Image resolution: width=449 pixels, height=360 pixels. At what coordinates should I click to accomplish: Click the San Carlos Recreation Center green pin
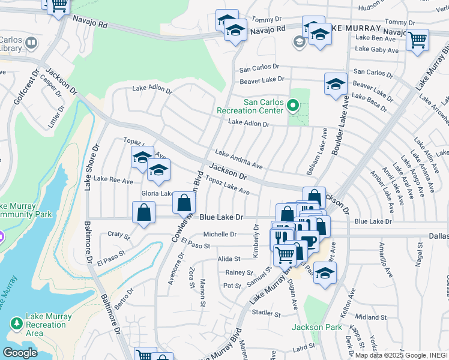pos(293,106)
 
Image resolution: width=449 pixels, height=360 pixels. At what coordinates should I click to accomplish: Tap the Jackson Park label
pos(317,327)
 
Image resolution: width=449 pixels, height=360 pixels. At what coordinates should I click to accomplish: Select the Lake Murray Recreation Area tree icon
pos(16,324)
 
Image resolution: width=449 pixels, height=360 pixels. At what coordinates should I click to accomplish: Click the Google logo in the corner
pos(20,353)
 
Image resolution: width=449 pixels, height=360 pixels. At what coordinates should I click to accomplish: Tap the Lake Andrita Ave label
pos(238,159)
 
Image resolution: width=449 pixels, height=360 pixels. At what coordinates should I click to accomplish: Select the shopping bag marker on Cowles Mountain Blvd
pos(184,203)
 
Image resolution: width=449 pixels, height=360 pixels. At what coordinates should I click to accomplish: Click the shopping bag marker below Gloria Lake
pos(143,213)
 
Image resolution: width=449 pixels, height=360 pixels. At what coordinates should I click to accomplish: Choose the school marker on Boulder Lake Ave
pos(336,84)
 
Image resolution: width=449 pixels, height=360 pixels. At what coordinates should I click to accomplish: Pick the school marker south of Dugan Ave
pos(325,273)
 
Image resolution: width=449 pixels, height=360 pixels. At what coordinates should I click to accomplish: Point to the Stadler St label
pos(267,313)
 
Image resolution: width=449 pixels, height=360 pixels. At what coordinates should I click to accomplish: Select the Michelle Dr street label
pos(220,235)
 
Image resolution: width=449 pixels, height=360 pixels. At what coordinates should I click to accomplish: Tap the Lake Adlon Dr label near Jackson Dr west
pos(152,90)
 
